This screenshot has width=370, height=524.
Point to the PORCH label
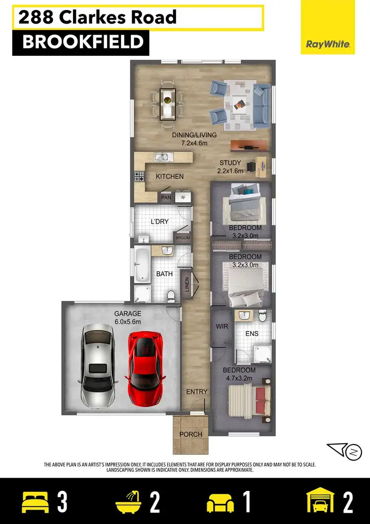tap(191, 434)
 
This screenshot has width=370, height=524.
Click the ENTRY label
tap(196, 392)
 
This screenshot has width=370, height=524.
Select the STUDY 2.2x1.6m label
tap(229, 167)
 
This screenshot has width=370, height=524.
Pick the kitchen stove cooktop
tap(139, 175)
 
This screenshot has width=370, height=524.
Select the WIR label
tap(221, 326)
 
